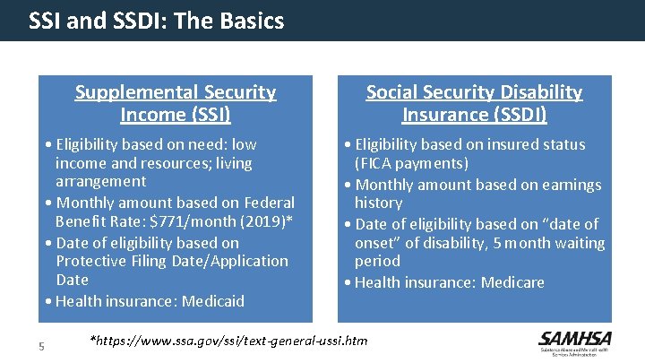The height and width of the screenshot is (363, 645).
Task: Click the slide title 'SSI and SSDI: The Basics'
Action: pyautogui.click(x=157, y=21)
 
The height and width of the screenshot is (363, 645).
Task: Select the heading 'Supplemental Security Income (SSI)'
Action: pyautogui.click(x=176, y=103)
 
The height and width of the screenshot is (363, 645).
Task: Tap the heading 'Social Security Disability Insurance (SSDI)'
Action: pyautogui.click(x=474, y=103)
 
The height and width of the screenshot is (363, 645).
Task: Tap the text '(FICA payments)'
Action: pyautogui.click(x=411, y=163)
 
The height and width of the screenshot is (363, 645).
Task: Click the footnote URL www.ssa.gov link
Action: pyautogui.click(x=229, y=341)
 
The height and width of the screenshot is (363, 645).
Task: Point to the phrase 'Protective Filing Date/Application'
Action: pyautogui.click(x=172, y=261)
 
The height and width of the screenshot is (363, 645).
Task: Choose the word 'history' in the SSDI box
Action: pyautogui.click(x=378, y=203)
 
